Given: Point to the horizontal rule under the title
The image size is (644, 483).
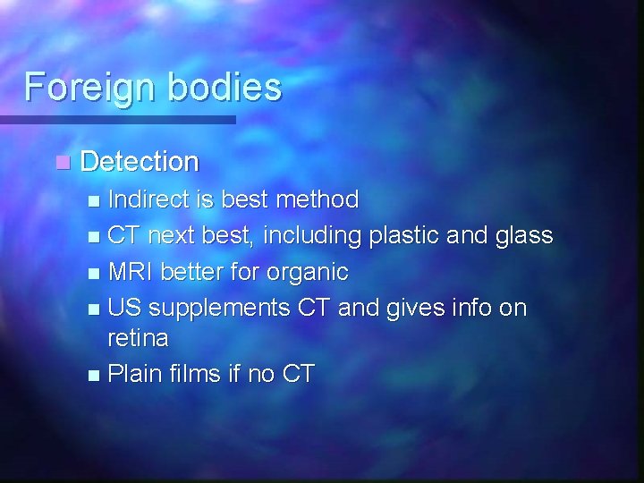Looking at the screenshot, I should tap(117, 119).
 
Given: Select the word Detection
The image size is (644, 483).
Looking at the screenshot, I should tap(140, 162).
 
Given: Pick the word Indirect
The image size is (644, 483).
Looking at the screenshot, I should tap(148, 199).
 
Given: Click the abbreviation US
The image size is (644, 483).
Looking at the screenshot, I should tap(123, 308).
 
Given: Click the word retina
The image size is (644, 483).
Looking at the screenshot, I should tap(138, 338).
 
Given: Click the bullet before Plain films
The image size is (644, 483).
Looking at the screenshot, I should tap(95, 375).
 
